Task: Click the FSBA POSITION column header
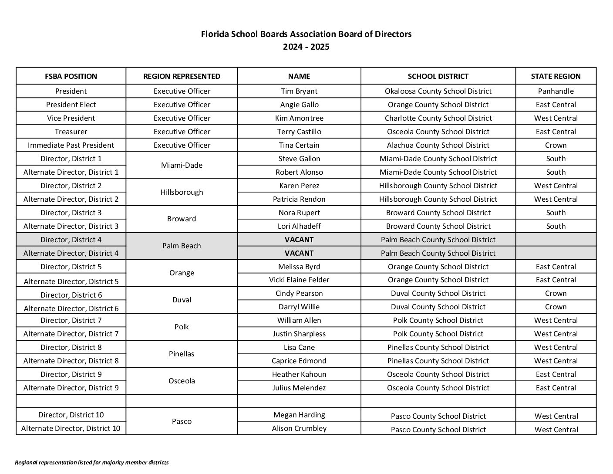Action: (71, 76)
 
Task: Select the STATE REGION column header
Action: (556, 76)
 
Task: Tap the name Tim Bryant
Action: (299, 91)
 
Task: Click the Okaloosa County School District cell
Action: (438, 91)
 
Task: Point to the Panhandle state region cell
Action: (556, 91)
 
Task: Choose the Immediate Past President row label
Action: (71, 145)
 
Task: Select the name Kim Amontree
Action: (299, 118)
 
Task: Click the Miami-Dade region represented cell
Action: (182, 165)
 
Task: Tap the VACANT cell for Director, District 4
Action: (299, 240)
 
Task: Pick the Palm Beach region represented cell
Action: (182, 246)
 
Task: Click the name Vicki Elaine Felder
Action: (299, 280)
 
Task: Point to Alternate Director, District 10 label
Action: (71, 428)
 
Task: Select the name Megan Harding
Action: (299, 415)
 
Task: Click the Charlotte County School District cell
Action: (438, 118)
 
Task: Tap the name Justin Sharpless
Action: (299, 334)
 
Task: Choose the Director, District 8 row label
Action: (71, 347)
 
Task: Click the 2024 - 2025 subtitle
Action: (306, 47)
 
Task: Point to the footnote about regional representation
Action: (92, 462)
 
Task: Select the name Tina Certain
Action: (299, 145)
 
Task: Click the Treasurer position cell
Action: (71, 132)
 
